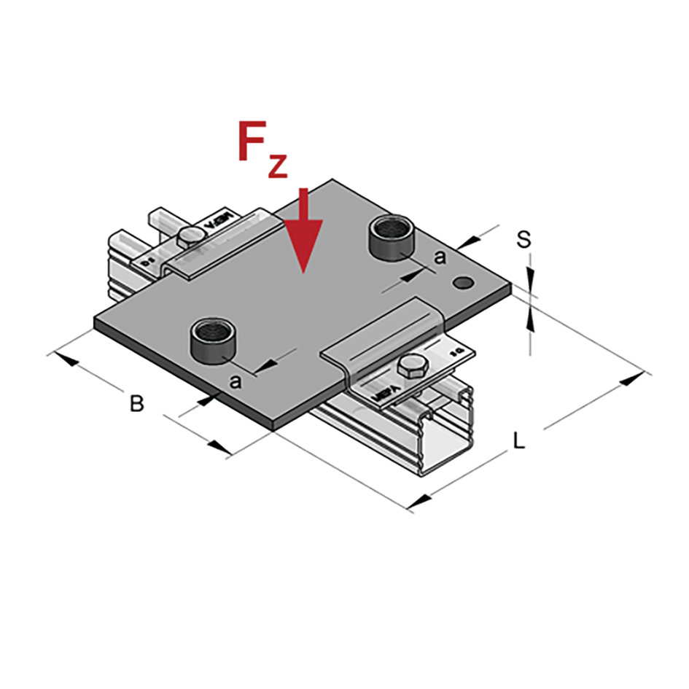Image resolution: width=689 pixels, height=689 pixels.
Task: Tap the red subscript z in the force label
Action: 277,166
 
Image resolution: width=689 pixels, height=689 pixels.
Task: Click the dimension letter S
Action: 523,240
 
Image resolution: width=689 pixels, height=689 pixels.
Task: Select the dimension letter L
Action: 519,440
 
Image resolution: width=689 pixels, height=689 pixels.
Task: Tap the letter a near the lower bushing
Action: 235,381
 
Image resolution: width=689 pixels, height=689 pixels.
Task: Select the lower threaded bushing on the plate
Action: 211,341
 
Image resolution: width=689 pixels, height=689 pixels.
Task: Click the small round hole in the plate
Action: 462,281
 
